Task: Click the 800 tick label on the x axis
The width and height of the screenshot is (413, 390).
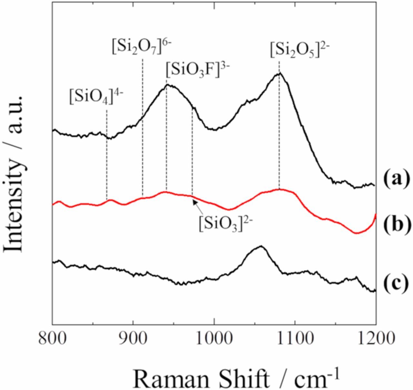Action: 52,340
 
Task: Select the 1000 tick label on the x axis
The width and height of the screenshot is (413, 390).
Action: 214,340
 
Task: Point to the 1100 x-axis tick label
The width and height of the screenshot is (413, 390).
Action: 294,340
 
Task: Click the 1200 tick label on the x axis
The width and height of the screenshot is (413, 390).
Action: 375,340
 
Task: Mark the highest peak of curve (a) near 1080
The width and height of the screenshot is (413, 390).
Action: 279,73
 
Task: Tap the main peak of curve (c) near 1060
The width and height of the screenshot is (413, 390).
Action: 261,246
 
